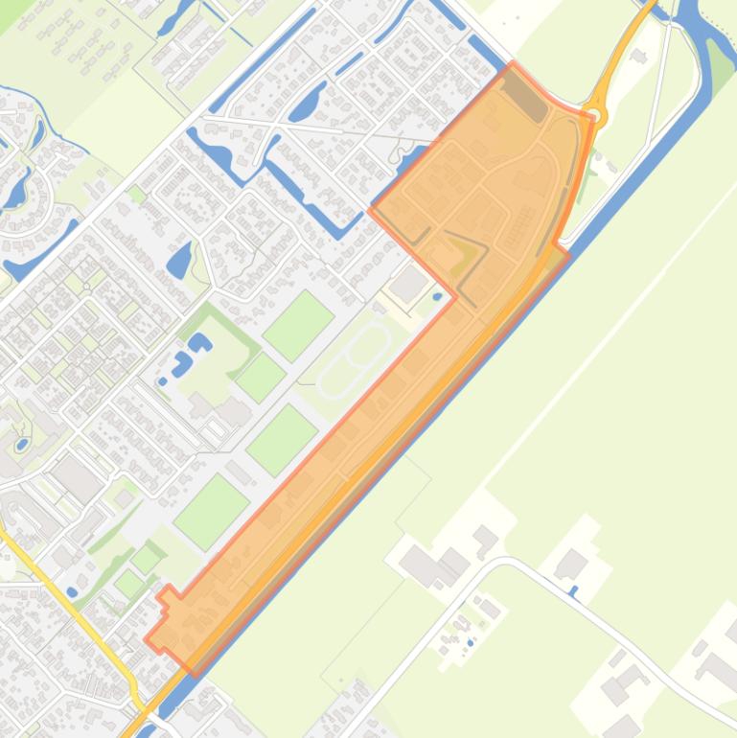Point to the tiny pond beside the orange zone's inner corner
pyautogui.click(x=438, y=297)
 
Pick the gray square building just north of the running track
pyautogui.click(x=409, y=283)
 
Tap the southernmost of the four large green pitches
pyautogui.click(x=224, y=511)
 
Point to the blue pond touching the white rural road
pyautogui.click(x=574, y=591)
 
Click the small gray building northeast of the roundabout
pyautogui.click(x=640, y=58)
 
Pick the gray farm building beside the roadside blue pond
pyautogui.click(x=571, y=565)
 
